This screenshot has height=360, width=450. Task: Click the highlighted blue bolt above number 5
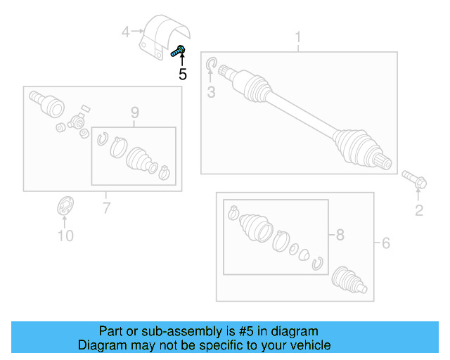[178, 51]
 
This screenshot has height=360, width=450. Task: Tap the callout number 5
[182, 75]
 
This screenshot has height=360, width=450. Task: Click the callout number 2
[418, 210]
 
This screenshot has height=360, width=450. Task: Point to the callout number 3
[210, 92]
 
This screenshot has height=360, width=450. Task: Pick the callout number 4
[126, 32]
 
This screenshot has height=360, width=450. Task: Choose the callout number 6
[385, 243]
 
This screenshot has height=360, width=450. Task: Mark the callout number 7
[106, 207]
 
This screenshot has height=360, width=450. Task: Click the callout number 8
[340, 236]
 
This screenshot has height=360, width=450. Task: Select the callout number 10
[65, 236]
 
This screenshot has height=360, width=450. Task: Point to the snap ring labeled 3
[211, 67]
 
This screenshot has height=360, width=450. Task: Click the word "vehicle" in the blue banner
[307, 345]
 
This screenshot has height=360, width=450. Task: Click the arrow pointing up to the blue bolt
[182, 61]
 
